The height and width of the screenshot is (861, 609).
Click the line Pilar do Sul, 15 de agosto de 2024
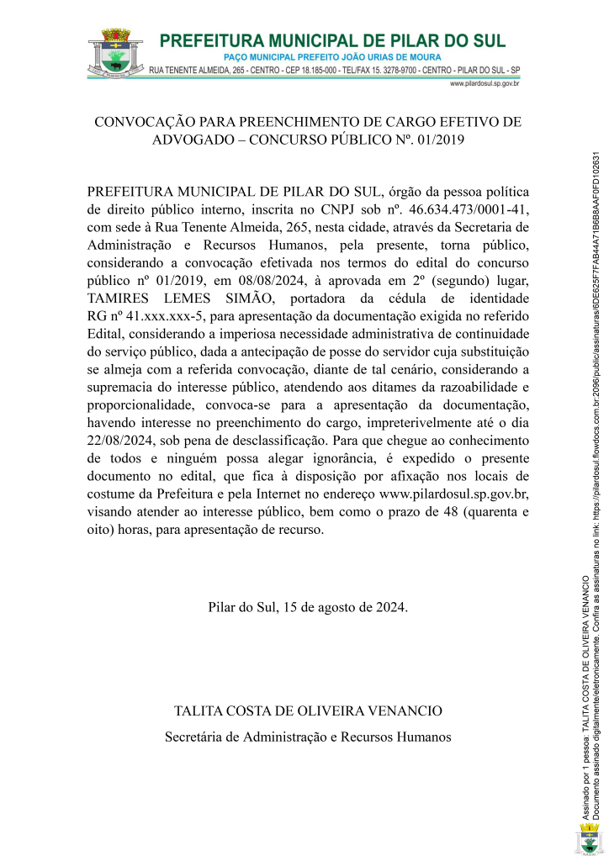308,630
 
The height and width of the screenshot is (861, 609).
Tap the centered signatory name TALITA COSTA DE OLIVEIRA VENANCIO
308,711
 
